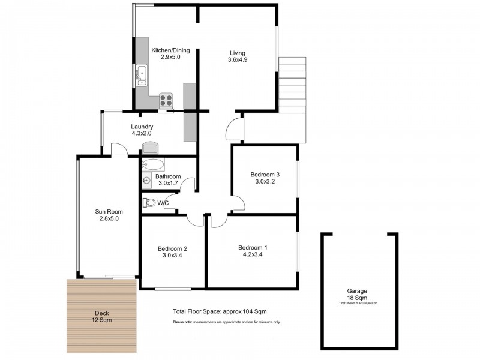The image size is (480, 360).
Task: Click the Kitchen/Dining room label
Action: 166,50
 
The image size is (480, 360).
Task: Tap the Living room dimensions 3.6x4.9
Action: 237,59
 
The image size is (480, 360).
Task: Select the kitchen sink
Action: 142,73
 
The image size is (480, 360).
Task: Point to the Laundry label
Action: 142,127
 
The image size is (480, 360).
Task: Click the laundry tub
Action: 150,147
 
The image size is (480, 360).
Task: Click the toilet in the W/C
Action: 149,203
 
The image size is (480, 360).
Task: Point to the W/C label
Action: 163,203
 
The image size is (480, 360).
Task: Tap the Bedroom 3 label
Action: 265,175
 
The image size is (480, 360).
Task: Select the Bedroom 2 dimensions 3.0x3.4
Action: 173,256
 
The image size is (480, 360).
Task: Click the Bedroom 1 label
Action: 253,248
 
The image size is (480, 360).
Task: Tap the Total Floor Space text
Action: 220,311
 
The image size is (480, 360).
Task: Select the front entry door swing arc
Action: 234,128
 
